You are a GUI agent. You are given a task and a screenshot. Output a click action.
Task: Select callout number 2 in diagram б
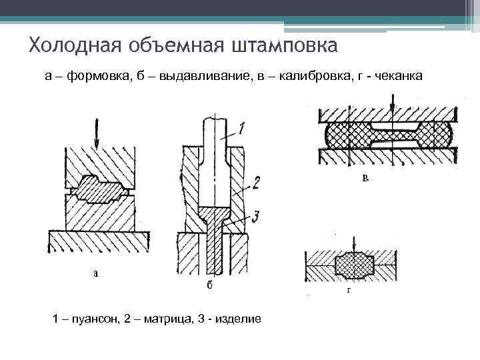tap(257, 181)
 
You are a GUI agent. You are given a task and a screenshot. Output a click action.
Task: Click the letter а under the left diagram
tap(96, 273)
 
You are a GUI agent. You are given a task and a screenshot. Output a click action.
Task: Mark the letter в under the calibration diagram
tap(365, 179)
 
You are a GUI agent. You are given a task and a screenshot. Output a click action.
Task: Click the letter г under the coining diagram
tap(349, 291)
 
